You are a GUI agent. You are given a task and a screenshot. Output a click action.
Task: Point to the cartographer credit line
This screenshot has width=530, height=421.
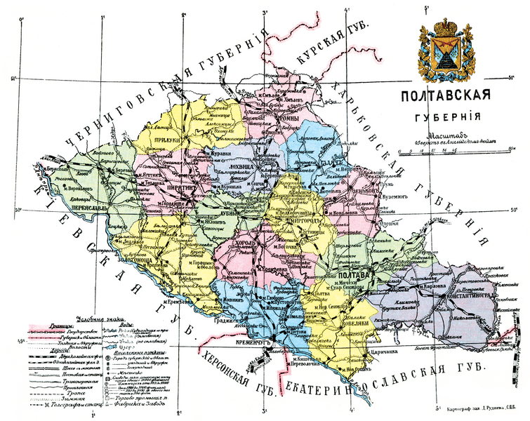478,408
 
